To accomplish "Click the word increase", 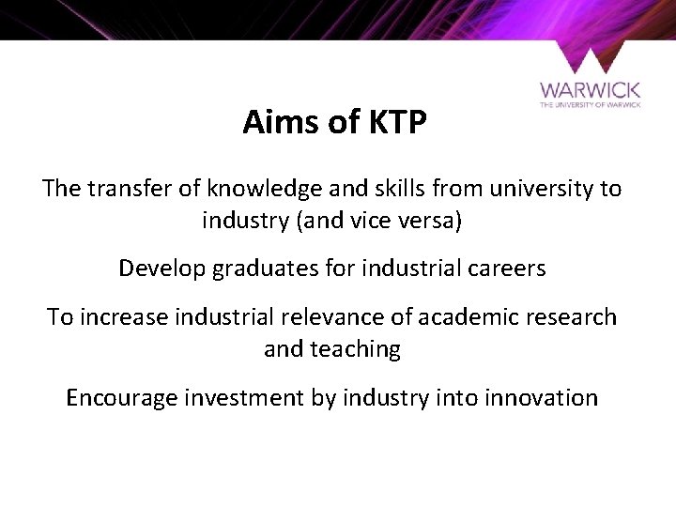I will [x=121, y=317].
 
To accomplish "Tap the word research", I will [x=573, y=317].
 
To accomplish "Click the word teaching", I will [x=358, y=350].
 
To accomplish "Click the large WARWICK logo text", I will [x=590, y=90].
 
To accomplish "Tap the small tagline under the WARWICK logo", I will [x=590, y=105].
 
